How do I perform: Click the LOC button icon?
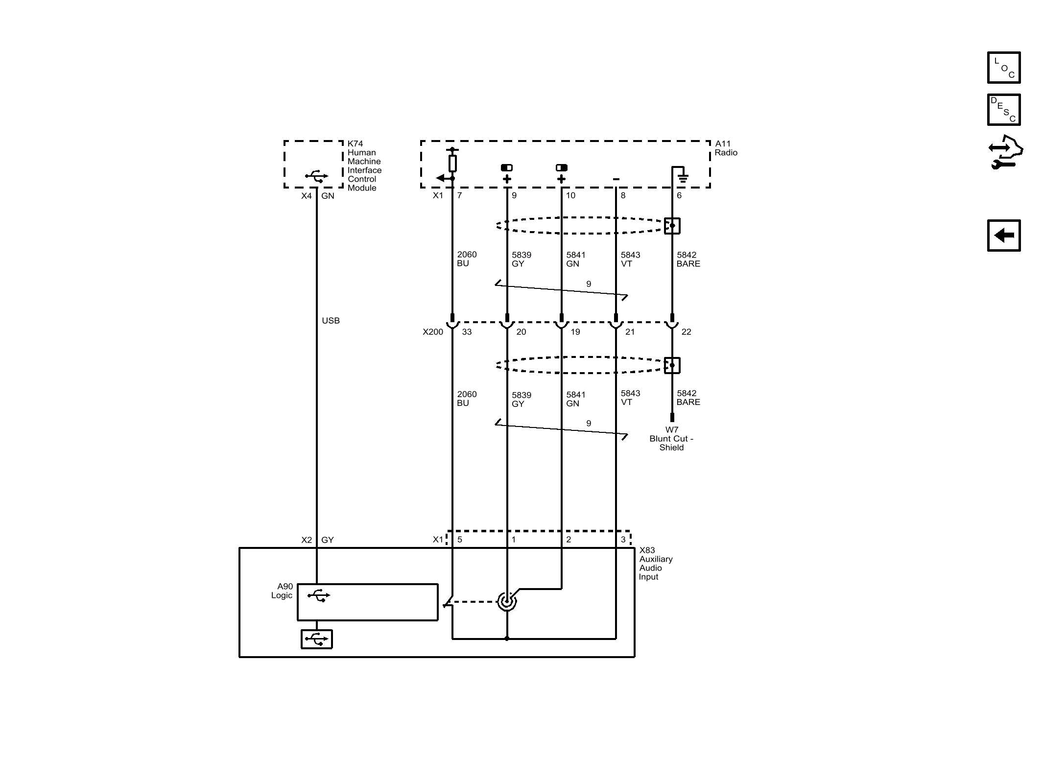tap(1003, 68)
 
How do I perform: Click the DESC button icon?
tap(1003, 110)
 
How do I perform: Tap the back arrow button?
tap(1003, 236)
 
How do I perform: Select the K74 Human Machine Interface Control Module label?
tap(364, 166)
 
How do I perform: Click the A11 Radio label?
tap(725, 148)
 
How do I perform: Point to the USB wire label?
tap(331, 321)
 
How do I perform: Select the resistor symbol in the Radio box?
tap(452, 163)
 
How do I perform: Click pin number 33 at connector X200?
tap(467, 332)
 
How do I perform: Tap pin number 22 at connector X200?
tap(686, 332)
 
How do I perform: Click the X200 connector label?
tap(433, 332)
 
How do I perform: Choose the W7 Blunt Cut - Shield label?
tap(671, 439)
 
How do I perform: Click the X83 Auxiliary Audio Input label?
tap(655, 563)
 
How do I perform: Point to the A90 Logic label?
tap(283, 591)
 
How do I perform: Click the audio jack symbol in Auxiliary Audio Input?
tap(507, 601)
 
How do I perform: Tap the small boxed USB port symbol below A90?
tap(317, 639)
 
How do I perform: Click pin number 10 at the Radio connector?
tap(570, 195)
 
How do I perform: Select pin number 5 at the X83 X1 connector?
tap(459, 540)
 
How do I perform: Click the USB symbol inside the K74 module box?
tap(316, 176)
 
